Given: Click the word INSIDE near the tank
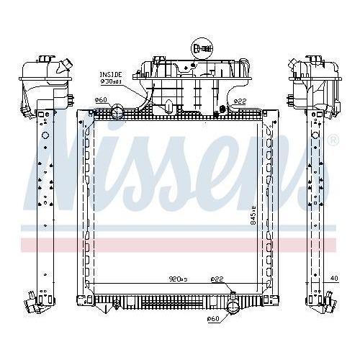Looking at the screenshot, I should coord(110,73).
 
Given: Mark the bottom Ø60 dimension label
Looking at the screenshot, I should coord(212,318).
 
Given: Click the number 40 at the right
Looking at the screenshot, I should coord(335,277).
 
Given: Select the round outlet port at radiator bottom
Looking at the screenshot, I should coord(232,309).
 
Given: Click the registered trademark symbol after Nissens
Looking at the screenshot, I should coord(331,141).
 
